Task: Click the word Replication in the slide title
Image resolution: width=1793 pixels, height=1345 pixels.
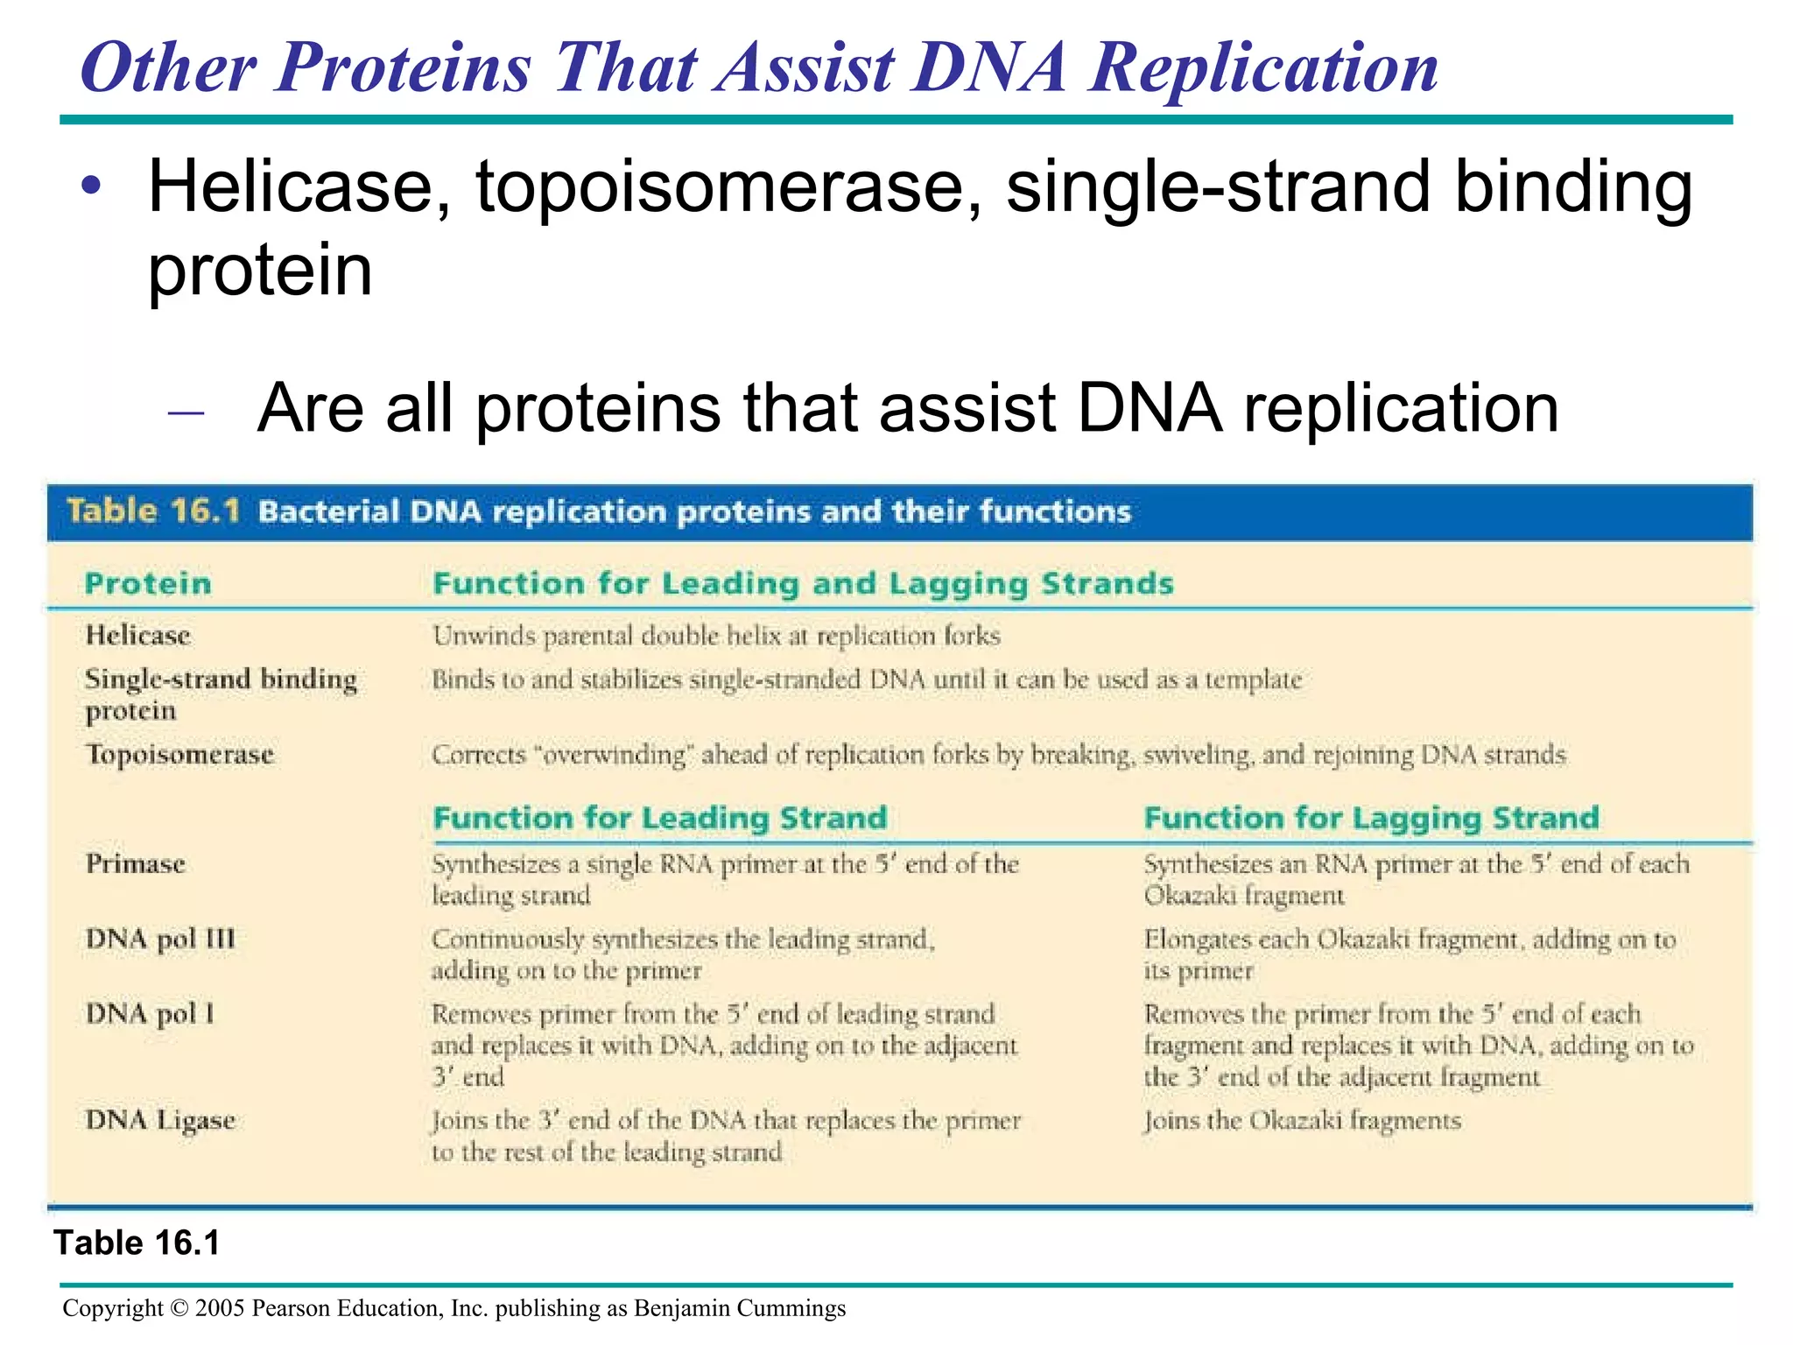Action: click(x=1262, y=68)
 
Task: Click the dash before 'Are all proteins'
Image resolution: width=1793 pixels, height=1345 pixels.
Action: click(x=186, y=412)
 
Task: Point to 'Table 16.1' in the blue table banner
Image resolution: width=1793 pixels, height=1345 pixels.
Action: click(x=153, y=511)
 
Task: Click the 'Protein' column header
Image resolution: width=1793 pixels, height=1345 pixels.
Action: click(x=148, y=583)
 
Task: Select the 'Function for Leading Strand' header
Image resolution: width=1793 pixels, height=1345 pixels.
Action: click(x=660, y=818)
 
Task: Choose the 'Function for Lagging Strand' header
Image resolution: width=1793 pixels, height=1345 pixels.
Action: click(x=1371, y=818)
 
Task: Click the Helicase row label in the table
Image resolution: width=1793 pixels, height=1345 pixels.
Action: click(x=137, y=635)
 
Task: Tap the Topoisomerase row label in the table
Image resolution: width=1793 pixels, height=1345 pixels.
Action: click(x=179, y=754)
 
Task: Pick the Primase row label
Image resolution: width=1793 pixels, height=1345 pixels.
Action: click(x=136, y=864)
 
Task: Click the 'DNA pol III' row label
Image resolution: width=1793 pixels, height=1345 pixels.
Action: click(x=160, y=939)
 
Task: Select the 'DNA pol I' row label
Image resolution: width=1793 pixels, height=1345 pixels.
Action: click(x=150, y=1014)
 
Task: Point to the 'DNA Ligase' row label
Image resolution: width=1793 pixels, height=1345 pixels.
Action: click(x=160, y=1120)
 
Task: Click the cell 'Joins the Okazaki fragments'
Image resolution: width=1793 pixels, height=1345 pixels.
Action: click(x=1302, y=1121)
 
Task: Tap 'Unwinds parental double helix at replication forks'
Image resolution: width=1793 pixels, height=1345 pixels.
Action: click(x=716, y=636)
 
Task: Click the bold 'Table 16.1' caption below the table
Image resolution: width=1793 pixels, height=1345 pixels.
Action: click(x=137, y=1243)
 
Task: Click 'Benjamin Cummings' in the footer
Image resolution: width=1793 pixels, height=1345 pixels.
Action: click(x=739, y=1308)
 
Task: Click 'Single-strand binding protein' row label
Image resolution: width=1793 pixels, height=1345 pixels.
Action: click(x=220, y=694)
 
